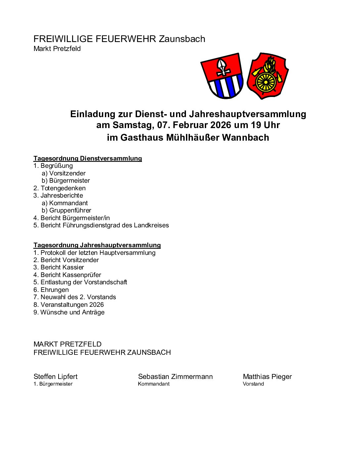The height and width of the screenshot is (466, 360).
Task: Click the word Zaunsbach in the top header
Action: click(x=182, y=39)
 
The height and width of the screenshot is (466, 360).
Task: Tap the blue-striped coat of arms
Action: click(x=223, y=76)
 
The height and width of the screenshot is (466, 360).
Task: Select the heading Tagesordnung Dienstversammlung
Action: click(x=88, y=159)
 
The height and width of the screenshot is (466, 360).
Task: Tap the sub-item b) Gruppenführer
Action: click(x=67, y=210)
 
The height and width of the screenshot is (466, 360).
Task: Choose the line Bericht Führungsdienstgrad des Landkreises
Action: click(x=101, y=225)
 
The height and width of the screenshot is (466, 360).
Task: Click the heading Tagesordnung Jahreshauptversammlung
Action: click(x=97, y=245)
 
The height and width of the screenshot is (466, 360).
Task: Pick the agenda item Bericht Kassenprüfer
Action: click(x=67, y=275)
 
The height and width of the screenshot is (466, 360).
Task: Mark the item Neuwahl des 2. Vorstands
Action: click(x=75, y=297)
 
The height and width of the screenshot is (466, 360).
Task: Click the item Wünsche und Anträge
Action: click(x=69, y=312)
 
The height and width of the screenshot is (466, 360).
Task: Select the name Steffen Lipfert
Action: click(x=56, y=377)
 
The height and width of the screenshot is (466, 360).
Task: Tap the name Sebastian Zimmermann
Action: click(x=175, y=377)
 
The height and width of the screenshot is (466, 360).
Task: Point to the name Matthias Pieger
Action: click(x=267, y=377)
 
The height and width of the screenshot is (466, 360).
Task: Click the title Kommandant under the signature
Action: click(x=154, y=384)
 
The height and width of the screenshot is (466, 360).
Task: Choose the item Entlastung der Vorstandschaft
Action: click(x=80, y=282)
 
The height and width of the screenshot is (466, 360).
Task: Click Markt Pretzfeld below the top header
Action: click(x=57, y=49)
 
